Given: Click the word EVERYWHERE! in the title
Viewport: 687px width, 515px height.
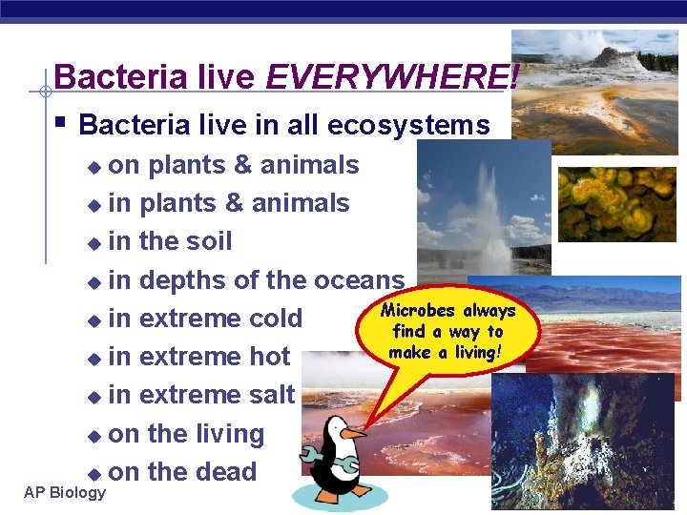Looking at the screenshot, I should coord(392,77).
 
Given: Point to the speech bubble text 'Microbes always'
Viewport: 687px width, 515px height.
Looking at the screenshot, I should coord(448,311).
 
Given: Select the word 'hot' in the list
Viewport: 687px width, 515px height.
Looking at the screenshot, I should coord(269,357).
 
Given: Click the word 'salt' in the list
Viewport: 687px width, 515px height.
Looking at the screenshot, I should coord(272,395).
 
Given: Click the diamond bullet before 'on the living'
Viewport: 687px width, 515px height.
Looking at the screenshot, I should coord(94,436).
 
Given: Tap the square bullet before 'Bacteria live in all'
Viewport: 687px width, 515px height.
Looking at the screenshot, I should coord(60,123).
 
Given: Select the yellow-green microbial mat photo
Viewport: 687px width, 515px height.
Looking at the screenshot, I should coord(615,204).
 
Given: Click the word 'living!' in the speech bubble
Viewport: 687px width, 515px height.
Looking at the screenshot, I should coord(485,352).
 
